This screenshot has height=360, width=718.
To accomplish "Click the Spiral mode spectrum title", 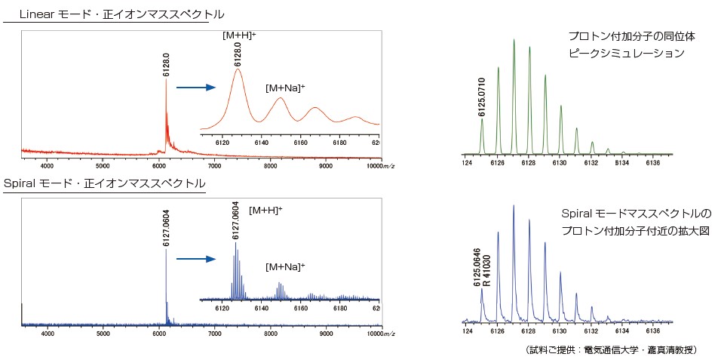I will coord(104,184).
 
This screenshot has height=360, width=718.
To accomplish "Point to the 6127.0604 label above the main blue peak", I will coord(166,233).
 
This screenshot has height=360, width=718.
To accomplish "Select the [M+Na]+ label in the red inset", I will coord(284,88).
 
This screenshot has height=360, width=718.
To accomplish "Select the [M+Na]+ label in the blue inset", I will coord(284,266).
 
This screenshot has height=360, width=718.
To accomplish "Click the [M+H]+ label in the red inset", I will coord(239,35).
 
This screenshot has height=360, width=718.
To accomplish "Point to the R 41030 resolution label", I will coord(487,270).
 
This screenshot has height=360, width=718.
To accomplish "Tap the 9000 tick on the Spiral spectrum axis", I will coord(326,334).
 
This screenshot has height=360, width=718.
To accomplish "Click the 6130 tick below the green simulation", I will coord(560,162).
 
